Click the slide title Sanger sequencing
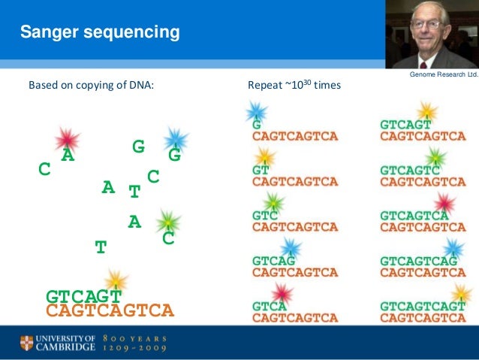point(99,32)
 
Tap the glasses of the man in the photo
point(426,25)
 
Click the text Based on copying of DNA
point(91,86)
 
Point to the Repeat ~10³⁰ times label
point(294,86)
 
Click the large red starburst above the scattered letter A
point(68,139)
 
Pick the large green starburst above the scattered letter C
point(168,222)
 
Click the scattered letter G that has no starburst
point(138,147)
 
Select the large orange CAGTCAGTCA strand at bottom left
point(110,310)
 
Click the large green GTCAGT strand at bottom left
point(84,296)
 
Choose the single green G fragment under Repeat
point(257,125)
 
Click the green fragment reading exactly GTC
point(266,216)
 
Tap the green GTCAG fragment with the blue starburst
point(273,261)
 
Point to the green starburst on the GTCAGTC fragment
point(435,158)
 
